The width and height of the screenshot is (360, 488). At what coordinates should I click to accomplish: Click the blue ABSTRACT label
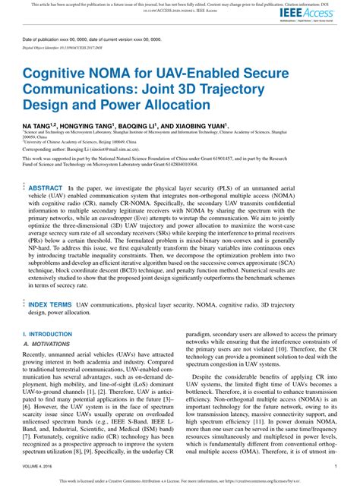coord(45,187)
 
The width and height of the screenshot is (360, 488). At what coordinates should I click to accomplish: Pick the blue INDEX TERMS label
coord(50,304)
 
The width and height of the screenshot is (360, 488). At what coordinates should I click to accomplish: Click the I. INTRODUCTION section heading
coord(48,334)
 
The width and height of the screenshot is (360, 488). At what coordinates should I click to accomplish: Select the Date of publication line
coord(91,37)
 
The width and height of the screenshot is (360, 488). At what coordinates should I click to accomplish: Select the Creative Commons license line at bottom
coord(180,481)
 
